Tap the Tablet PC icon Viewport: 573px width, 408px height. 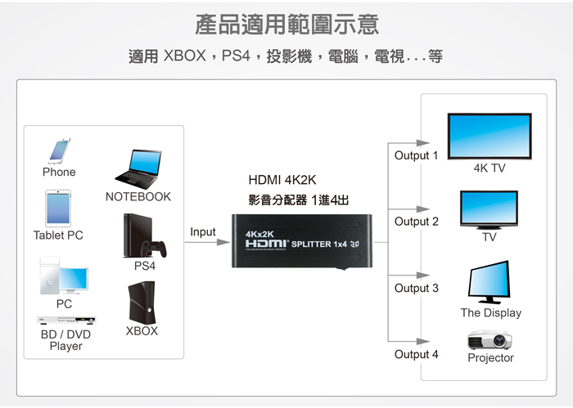pyautogui.click(x=58, y=208)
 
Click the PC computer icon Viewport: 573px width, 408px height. pyautogui.click(x=62, y=276)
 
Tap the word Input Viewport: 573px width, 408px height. pyautogui.click(x=203, y=232)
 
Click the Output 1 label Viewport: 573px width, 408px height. pyautogui.click(x=416, y=155)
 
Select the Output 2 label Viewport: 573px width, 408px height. pyautogui.click(x=416, y=222)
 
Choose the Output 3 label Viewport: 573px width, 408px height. pyautogui.click(x=416, y=288)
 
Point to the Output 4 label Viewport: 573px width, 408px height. pyautogui.click(x=416, y=354)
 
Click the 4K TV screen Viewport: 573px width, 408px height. pyautogui.click(x=489, y=135)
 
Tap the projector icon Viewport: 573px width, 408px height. pyautogui.click(x=490, y=339)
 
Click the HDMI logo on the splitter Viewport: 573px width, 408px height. pyautogui.click(x=268, y=244)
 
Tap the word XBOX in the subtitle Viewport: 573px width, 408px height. pyautogui.click(x=184, y=56)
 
